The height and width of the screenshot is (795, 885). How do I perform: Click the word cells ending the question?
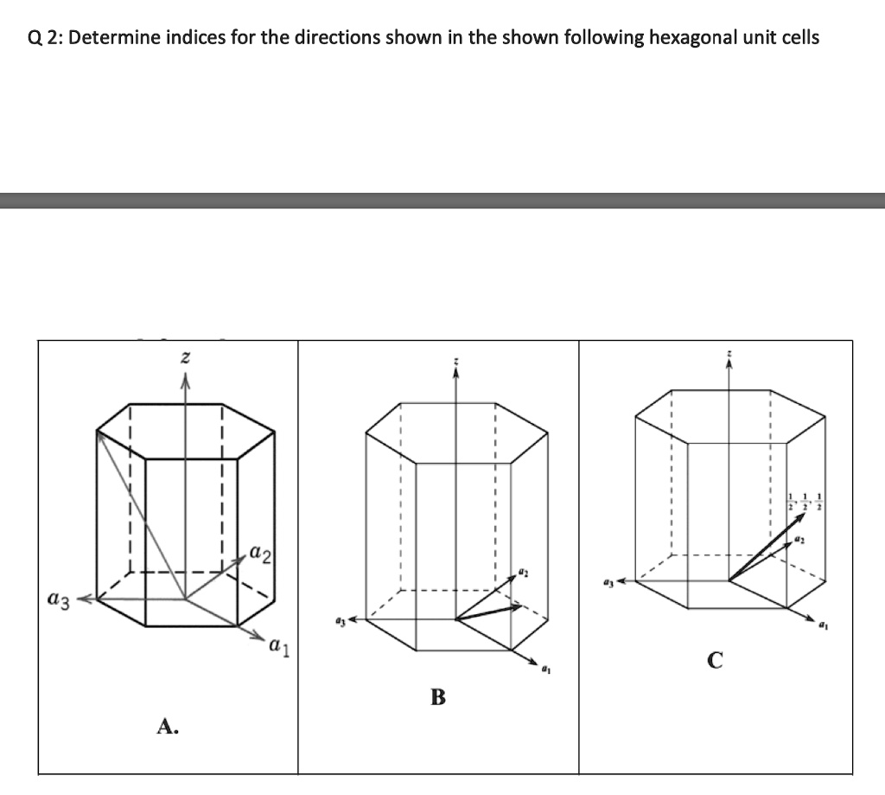click(799, 38)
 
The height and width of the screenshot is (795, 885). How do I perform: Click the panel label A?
click(168, 728)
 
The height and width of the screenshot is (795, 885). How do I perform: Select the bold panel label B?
click(438, 697)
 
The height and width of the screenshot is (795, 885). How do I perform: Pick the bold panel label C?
click(714, 662)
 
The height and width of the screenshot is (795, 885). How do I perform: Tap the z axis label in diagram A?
click(184, 356)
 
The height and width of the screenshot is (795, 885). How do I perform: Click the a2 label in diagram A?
click(261, 551)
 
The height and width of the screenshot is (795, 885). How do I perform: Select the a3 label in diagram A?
click(59, 598)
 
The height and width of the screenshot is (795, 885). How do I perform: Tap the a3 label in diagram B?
click(340, 620)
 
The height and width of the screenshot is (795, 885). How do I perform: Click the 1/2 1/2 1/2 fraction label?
click(805, 501)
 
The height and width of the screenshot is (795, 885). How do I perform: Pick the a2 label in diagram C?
click(800, 539)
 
